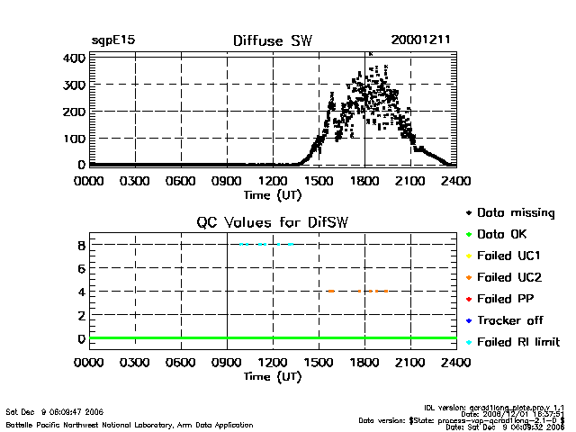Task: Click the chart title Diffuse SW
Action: (x=272, y=40)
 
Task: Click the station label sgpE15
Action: (x=112, y=40)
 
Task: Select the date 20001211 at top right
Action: (x=420, y=40)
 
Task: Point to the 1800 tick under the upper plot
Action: (x=364, y=180)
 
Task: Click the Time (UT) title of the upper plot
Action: (x=273, y=193)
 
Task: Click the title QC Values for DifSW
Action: (x=273, y=223)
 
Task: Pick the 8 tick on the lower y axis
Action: (x=81, y=245)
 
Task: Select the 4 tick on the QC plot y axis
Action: (x=81, y=292)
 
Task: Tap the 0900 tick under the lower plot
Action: (x=227, y=363)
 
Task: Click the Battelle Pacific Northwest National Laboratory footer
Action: (x=129, y=424)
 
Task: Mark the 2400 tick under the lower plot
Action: (x=456, y=363)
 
